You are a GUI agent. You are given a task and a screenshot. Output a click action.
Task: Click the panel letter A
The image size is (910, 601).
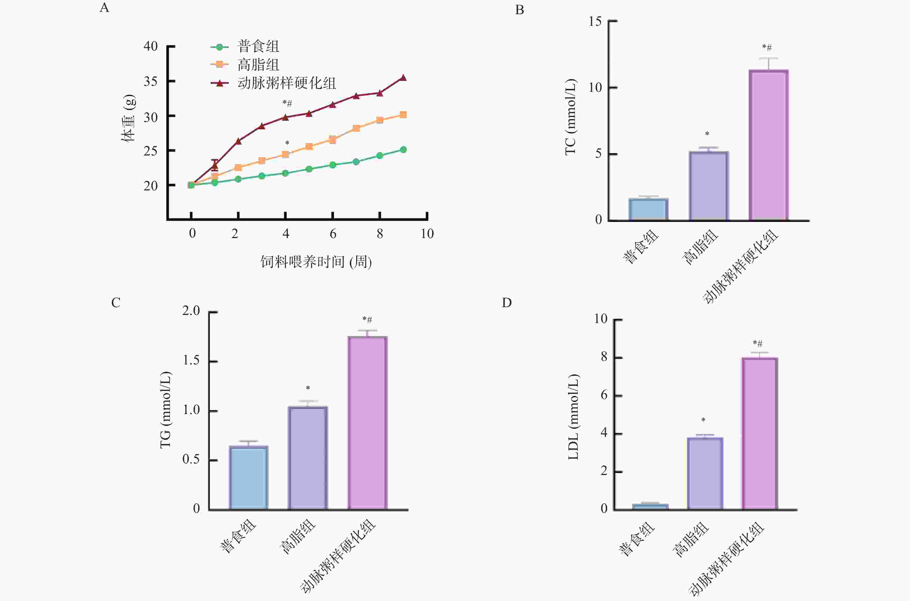104,8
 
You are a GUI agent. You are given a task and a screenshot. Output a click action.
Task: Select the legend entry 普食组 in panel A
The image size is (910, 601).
258,47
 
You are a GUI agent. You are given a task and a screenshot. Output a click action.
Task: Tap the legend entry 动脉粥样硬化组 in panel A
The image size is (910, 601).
286,83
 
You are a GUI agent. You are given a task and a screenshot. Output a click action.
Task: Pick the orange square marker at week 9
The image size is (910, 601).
403,115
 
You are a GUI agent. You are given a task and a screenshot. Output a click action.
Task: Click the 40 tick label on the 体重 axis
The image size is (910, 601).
151,47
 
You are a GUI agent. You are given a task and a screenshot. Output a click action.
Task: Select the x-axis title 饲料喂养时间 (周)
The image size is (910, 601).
316,262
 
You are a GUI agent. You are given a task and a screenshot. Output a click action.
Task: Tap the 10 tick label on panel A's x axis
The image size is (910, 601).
427,234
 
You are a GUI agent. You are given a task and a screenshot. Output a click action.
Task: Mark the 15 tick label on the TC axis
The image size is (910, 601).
595,21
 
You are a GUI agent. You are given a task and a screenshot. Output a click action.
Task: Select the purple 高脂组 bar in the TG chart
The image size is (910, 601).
308,458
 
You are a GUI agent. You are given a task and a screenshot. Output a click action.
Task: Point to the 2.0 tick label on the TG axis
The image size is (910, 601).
191,311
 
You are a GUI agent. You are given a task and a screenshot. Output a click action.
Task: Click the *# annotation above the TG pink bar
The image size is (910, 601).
367,320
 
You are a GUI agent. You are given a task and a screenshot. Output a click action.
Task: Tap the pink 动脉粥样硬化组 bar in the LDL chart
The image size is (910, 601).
760,433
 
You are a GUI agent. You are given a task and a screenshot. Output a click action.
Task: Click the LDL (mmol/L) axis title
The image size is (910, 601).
573,417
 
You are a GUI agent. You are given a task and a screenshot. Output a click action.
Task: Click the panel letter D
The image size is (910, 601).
506,303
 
